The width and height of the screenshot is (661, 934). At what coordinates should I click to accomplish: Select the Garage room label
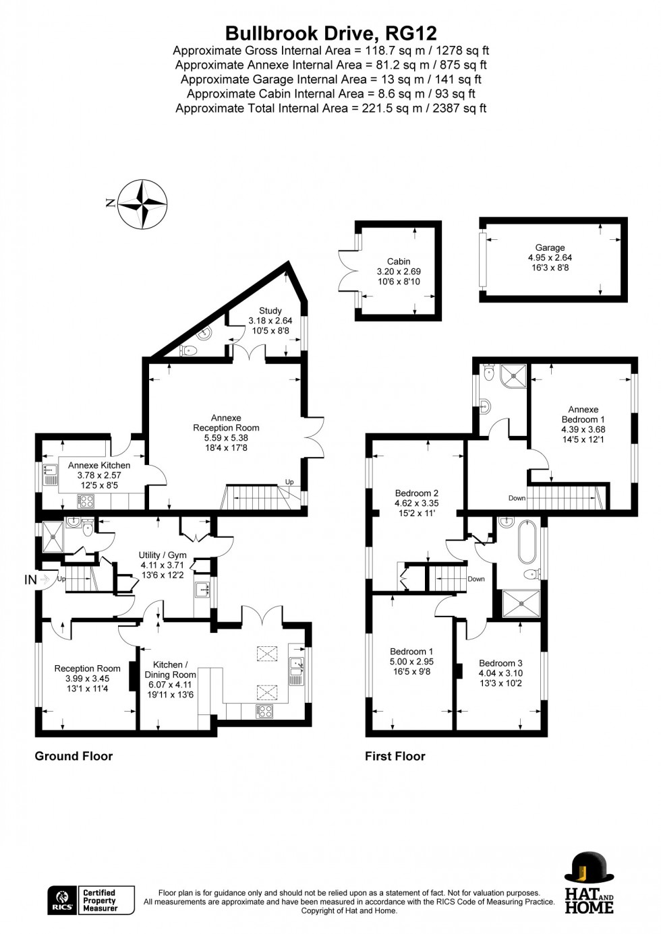point(550,257)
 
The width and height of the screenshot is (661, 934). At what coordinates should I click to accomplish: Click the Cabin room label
point(399,272)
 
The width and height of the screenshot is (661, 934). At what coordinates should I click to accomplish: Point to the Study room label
point(270,321)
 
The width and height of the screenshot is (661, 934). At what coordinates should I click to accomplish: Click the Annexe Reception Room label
point(226,428)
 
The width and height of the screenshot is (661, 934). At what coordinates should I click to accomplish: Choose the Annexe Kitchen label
point(99,474)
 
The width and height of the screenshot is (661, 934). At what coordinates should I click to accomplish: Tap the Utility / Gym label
point(162,565)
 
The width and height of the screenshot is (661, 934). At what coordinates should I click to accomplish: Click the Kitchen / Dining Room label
point(170,679)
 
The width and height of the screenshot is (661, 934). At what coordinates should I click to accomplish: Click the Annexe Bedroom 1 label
point(583,419)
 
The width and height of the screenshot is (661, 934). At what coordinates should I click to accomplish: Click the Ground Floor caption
point(74,756)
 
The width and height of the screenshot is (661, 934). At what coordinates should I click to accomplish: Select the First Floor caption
point(395,756)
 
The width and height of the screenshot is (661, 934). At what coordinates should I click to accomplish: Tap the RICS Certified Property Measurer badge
point(90,900)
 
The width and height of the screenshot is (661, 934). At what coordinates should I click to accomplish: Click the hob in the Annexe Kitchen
point(86,501)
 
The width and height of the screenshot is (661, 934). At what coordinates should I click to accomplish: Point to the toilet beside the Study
point(190,350)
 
